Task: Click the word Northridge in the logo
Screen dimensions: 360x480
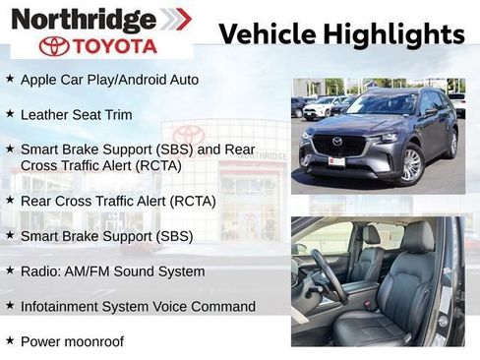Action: click(84, 19)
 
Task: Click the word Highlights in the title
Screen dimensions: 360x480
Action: click(391, 34)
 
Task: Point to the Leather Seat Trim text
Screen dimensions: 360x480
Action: click(76, 114)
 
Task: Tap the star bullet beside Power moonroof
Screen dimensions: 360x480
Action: click(10, 340)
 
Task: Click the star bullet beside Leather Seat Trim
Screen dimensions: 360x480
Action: click(10, 113)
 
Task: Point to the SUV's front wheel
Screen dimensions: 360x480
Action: click(411, 164)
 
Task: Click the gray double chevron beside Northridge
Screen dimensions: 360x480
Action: click(176, 19)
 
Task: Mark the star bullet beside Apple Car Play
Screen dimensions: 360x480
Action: click(10, 78)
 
